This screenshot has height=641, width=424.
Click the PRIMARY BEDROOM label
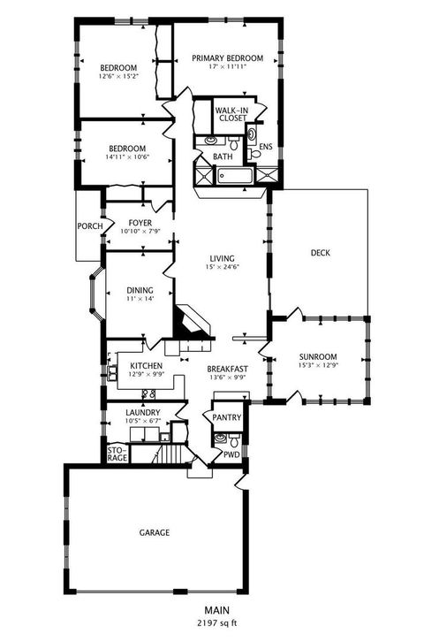pos(228,58)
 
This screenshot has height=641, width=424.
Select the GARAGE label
pos(154,532)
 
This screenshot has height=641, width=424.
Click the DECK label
pos(320,253)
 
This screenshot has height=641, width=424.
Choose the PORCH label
pos(89,225)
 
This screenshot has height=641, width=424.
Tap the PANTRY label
pos(226,419)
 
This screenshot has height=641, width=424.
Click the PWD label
pos(231,454)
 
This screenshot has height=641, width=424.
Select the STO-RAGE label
pos(117,454)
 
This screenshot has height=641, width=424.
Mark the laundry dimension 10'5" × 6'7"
pos(142,421)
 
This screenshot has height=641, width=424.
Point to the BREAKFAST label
pos(228,369)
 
